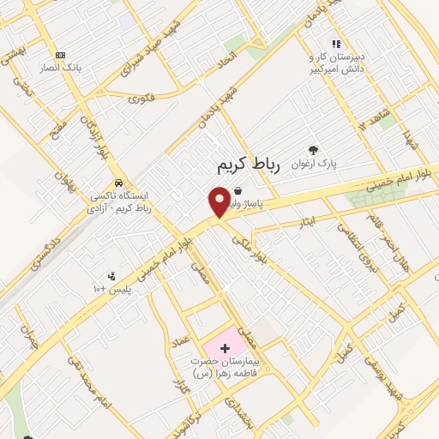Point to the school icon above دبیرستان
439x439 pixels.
pyautogui.click(x=336, y=43)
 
